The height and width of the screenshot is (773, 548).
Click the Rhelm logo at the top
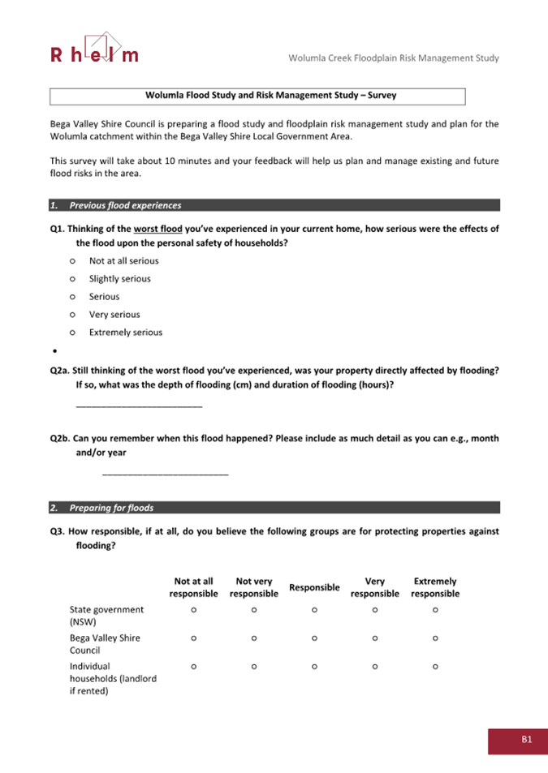(x=94, y=48)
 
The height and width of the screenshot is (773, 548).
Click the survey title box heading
(x=257, y=96)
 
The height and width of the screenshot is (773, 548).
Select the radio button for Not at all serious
(x=73, y=261)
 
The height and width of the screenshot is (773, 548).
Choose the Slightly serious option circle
(x=73, y=279)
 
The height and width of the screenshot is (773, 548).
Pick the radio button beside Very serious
(x=73, y=315)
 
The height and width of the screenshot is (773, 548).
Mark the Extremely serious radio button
(x=73, y=333)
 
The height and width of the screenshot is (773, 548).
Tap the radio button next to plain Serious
(x=73, y=297)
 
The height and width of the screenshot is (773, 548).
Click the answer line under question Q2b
(x=166, y=473)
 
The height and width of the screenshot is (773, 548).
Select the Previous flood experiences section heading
(x=125, y=205)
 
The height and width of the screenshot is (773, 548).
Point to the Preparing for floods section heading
(x=111, y=509)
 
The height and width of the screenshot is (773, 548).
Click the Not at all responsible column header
(x=193, y=587)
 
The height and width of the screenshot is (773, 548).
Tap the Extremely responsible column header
(x=435, y=587)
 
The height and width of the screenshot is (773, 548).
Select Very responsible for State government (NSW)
(x=375, y=610)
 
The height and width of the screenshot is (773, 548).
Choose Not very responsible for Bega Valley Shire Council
(x=254, y=638)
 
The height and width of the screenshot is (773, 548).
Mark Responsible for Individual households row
(x=314, y=667)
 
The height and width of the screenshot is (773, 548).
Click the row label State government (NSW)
(x=106, y=616)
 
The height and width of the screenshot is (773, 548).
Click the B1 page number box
(x=517, y=740)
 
